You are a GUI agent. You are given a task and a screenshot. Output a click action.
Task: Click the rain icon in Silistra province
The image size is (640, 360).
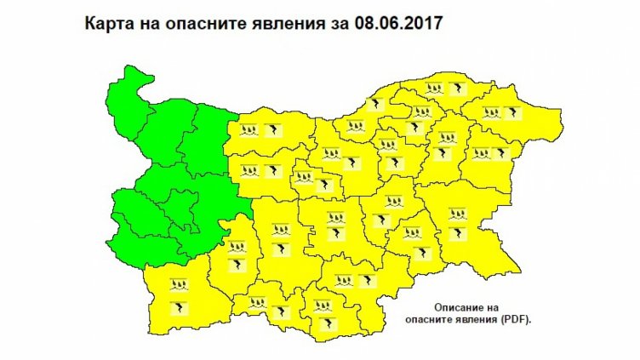click(x=437, y=89)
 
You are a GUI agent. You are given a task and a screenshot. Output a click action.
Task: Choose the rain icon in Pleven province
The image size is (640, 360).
click(x=249, y=130)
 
